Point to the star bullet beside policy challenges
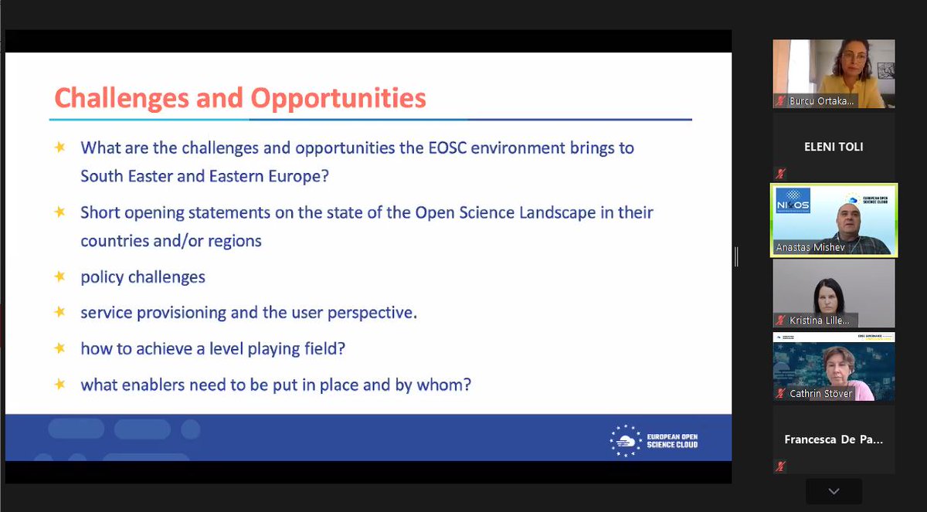coord(59,276)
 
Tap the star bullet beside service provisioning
coord(59,313)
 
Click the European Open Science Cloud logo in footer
coord(654,439)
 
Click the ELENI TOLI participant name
coord(834,147)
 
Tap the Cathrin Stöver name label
coord(821,394)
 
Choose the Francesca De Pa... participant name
coord(834,439)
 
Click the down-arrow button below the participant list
coord(834,491)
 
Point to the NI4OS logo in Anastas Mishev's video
coord(793,201)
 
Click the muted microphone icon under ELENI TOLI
coord(781,173)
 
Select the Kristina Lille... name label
coord(820,320)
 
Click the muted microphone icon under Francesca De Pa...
coord(781,466)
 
